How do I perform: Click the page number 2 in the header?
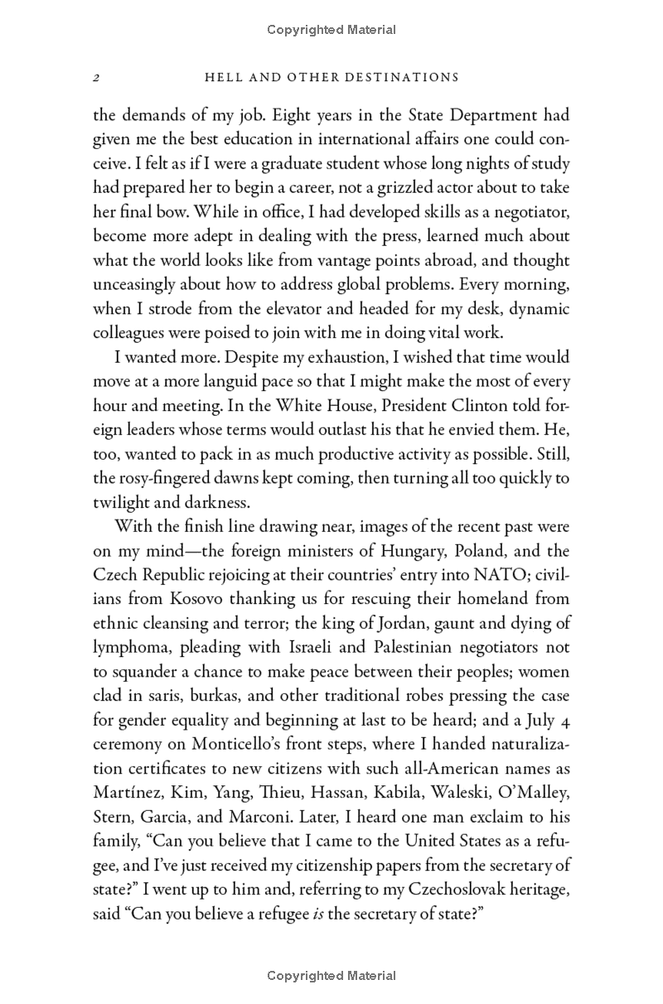point(96,78)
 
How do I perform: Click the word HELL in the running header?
point(224,78)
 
